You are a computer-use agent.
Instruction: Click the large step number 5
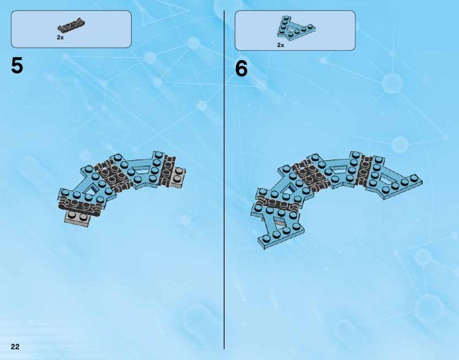point(17,66)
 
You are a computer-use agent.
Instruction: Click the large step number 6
point(241,69)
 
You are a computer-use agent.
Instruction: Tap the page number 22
point(15,347)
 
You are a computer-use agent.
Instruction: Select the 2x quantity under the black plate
point(60,38)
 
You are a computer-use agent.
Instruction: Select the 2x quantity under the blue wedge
point(281,45)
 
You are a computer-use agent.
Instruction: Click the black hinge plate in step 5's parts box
point(72,25)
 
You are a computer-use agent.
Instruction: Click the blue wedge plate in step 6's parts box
point(295,28)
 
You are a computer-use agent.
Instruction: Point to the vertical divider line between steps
point(224,180)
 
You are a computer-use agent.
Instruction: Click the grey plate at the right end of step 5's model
point(178,177)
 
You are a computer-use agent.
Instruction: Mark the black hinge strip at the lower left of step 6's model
point(278,203)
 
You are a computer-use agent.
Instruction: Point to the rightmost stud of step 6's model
point(413,178)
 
